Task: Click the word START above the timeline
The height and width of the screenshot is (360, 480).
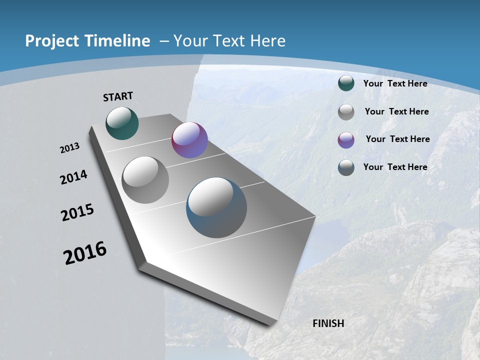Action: (118, 96)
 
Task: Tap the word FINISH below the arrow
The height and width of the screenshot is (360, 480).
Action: (328, 323)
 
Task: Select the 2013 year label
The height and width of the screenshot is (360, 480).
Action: (69, 148)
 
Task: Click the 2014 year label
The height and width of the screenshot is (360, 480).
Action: (73, 177)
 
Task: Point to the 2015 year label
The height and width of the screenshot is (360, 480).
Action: (77, 212)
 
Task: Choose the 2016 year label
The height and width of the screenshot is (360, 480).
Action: (85, 253)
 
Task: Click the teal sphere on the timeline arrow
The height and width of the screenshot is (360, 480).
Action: (122, 123)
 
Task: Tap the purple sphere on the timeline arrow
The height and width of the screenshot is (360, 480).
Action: (189, 140)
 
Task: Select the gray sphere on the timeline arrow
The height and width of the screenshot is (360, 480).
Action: (145, 179)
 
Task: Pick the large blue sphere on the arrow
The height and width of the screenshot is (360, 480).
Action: (216, 207)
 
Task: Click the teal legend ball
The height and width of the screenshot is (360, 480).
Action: (346, 83)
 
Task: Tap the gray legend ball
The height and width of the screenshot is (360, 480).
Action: (346, 112)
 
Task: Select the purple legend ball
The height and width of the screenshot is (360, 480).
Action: (346, 139)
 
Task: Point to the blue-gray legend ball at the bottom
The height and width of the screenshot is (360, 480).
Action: (346, 167)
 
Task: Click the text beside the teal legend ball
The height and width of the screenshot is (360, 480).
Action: (395, 83)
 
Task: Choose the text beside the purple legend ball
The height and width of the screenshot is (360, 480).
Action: (397, 139)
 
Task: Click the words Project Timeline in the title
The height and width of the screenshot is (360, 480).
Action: (87, 41)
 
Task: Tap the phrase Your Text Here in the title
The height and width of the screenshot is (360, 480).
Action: (229, 41)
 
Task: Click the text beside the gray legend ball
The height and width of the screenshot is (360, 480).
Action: (396, 111)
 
